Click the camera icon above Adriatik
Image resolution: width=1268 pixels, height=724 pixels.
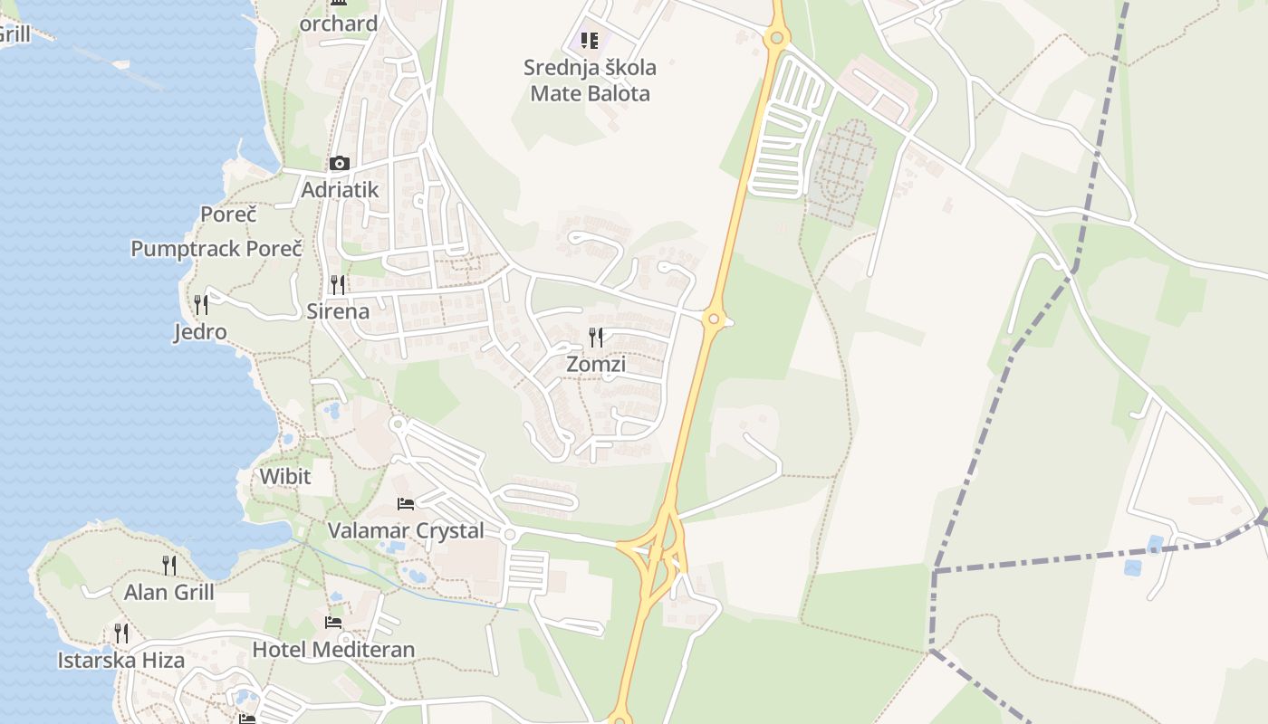[x=340, y=164]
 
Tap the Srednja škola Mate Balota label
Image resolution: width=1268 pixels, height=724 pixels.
[x=590, y=80]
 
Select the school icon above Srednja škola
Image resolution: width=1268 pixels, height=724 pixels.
[x=590, y=41]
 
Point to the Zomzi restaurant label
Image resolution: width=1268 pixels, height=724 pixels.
[x=596, y=364]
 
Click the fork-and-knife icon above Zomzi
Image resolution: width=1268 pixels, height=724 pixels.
[x=596, y=338]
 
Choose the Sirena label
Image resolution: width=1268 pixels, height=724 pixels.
[x=338, y=311]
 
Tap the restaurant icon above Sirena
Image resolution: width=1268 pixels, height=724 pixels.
[x=338, y=285]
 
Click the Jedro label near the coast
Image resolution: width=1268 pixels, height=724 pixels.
[x=200, y=332]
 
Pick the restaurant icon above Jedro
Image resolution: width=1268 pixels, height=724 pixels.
[x=201, y=304]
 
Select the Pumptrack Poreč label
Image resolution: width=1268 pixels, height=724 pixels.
[x=216, y=249]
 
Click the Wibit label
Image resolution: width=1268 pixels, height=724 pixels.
[x=284, y=476]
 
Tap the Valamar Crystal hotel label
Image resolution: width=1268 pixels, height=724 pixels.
[x=406, y=530]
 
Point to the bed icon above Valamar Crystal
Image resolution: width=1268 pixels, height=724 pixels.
[x=406, y=503]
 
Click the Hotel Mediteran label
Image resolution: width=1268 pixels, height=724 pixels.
[x=333, y=649]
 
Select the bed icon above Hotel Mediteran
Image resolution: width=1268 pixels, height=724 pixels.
[x=333, y=623]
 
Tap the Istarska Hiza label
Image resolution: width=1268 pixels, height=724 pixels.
[x=121, y=660]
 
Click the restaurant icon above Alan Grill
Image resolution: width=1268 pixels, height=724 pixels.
[x=169, y=566]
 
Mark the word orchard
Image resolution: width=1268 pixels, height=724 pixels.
[x=339, y=24]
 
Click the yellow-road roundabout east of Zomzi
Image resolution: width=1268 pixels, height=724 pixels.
[x=714, y=319]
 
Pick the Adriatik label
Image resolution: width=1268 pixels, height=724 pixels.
[x=340, y=190]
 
